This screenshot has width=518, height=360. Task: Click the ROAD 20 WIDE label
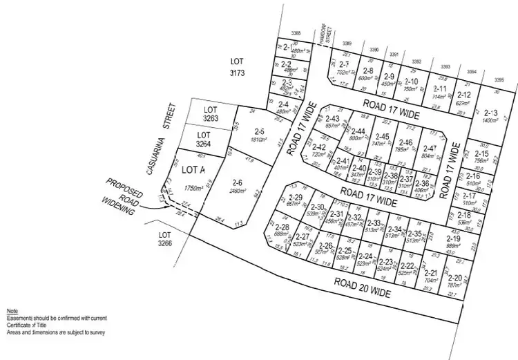coord(363,288)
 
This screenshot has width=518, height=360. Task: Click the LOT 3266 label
coord(165,239)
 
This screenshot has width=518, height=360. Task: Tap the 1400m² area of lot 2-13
coord(490,121)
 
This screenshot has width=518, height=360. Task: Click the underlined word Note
coord(12,312)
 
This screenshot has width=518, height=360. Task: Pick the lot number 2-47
coord(429,149)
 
